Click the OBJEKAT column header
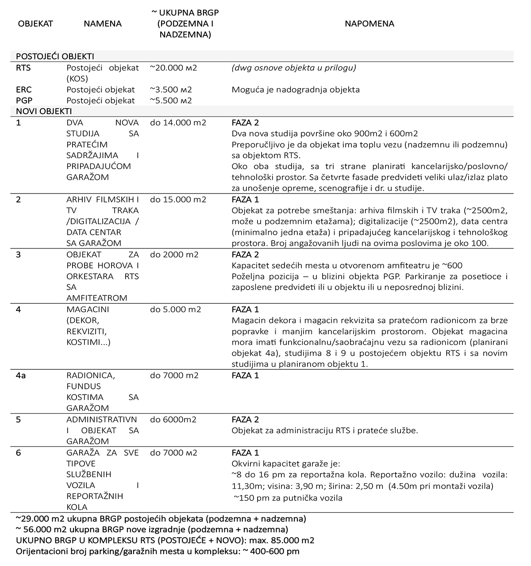pyautogui.click(x=35, y=24)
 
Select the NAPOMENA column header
pyautogui.click(x=369, y=24)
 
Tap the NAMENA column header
pyautogui.click(x=102, y=24)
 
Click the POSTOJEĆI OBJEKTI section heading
pyautogui.click(x=55, y=57)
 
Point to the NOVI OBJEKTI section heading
pyautogui.click(x=44, y=112)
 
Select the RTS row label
pyautogui.click(x=23, y=68)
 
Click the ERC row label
pyautogui.click(x=24, y=90)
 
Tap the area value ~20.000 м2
pyautogui.click(x=173, y=68)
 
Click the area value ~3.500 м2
pyautogui.click(x=171, y=90)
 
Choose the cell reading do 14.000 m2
pyautogui.click(x=178, y=123)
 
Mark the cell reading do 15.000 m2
pyautogui.click(x=178, y=200)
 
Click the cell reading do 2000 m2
pyautogui.click(x=174, y=255)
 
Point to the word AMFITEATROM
pyautogui.click(x=97, y=298)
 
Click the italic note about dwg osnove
pyautogui.click(x=294, y=68)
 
